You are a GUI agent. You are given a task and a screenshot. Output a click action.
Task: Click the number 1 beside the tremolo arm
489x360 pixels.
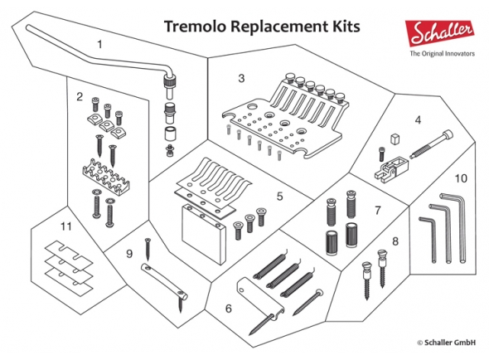coord(101,42)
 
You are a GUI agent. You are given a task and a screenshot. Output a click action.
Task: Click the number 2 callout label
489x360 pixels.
coord(80,97)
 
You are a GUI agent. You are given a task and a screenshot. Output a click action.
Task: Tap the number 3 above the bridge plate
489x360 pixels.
coord(241,79)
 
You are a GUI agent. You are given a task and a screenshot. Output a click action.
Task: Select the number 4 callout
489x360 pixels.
coord(418,119)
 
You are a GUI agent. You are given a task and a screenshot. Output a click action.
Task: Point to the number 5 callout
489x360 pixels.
coord(280,197)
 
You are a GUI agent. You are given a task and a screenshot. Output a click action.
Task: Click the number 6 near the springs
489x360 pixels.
coord(229,308)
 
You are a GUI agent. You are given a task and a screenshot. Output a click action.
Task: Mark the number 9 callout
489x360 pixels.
coord(130,254)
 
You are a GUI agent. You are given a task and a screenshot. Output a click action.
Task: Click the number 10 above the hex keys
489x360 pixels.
coord(461,178)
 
